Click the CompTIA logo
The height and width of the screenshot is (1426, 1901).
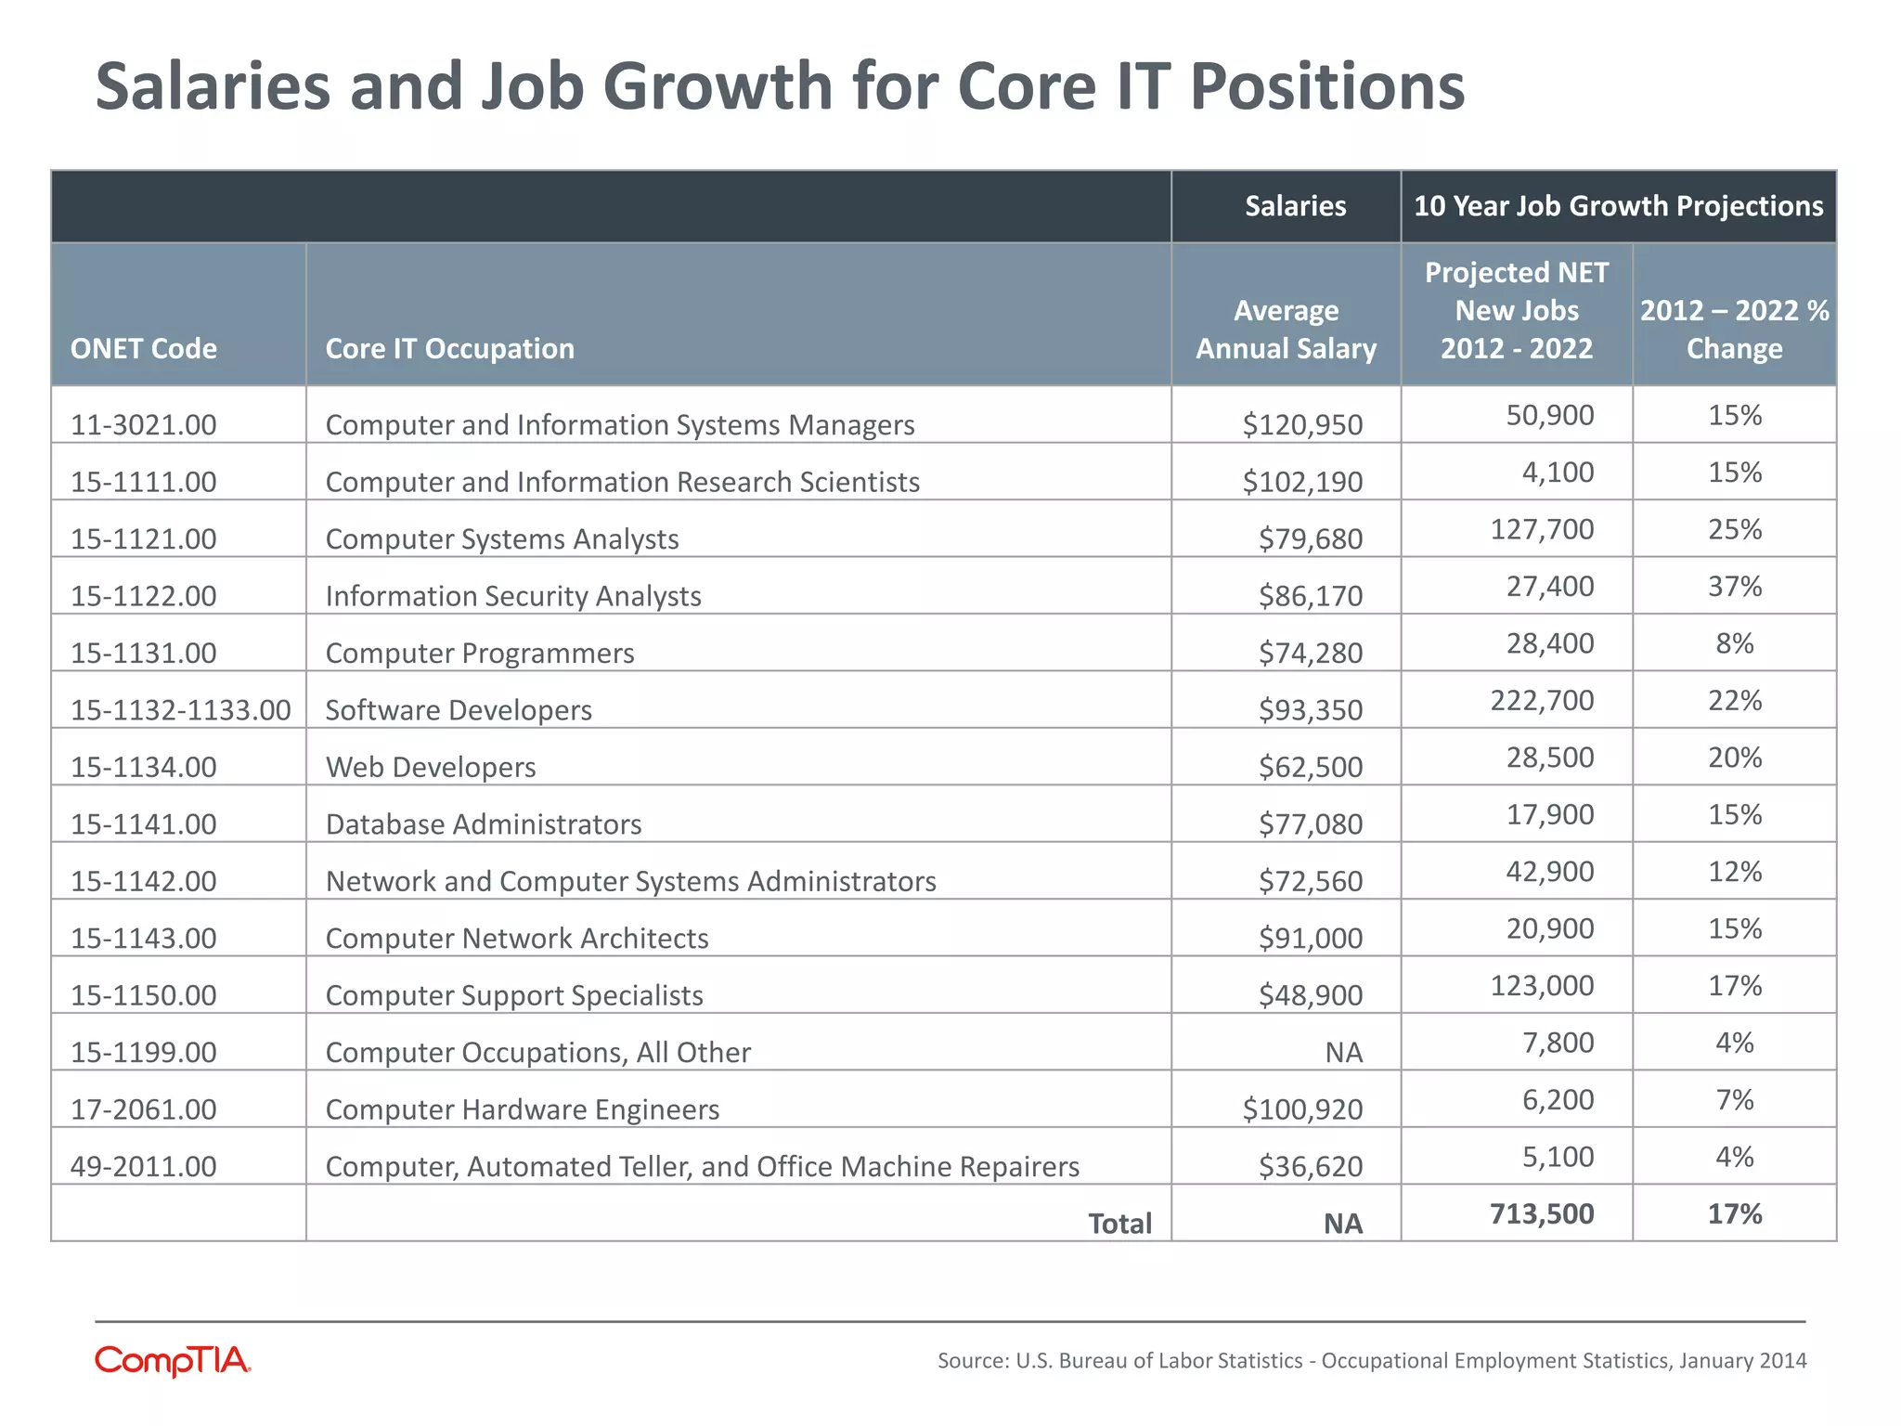(x=173, y=1360)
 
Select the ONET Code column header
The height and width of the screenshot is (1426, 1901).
(x=144, y=348)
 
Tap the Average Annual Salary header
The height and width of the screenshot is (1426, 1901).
(x=1286, y=330)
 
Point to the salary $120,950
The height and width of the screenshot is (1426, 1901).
(x=1302, y=425)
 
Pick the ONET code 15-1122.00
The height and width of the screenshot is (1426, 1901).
(x=144, y=596)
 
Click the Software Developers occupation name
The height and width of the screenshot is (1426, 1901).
(x=459, y=710)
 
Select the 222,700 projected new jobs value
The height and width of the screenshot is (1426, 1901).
(x=1542, y=700)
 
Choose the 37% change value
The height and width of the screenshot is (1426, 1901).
(x=1734, y=586)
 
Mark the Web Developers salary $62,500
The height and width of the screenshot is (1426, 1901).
(x=1311, y=767)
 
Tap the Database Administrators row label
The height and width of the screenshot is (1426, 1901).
(x=484, y=824)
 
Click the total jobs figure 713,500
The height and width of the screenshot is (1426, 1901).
(x=1542, y=1213)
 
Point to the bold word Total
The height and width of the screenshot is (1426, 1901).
(x=1119, y=1224)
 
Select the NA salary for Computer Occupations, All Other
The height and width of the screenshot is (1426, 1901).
(x=1343, y=1053)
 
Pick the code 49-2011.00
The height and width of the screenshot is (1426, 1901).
(x=144, y=1166)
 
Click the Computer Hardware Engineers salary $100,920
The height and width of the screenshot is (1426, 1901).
(x=1302, y=1109)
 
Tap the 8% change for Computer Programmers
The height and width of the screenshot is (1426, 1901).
(x=1734, y=643)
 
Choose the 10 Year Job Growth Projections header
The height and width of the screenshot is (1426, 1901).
(x=1618, y=206)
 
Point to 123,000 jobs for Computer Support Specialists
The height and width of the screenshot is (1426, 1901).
(x=1542, y=985)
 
